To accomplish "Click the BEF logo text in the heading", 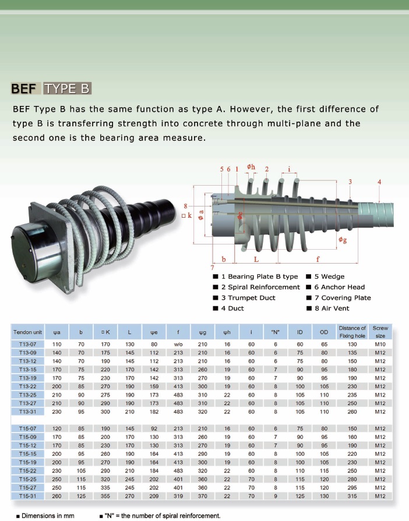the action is click(24, 88).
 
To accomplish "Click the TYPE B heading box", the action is click(67, 88).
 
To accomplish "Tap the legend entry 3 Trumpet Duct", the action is click(244, 297).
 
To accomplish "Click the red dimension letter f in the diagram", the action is click(318, 259).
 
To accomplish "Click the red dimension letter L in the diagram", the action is click(256, 259).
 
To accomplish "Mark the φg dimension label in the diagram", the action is click(343, 240).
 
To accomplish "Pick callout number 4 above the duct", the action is click(379, 182).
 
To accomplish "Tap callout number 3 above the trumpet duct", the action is click(350, 182).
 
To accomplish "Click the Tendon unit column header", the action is click(27, 332).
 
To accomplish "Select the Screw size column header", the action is click(380, 332).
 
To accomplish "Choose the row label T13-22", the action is click(27, 387).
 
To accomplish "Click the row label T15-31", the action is click(27, 496).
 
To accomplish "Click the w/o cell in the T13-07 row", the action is click(178, 344).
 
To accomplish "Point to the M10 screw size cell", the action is click(380, 344).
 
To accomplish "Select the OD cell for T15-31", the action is click(324, 496).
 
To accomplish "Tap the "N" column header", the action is click(276, 332).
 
